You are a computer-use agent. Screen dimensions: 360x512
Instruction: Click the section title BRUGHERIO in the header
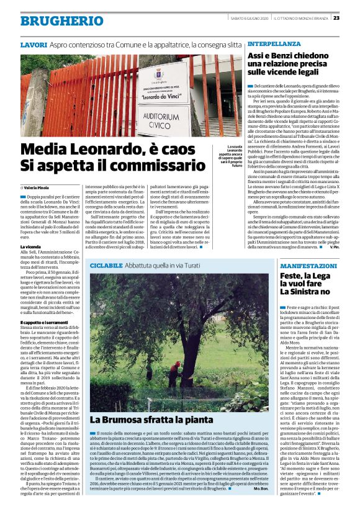(53, 21)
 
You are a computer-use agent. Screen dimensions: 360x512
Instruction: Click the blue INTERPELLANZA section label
(271, 45)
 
